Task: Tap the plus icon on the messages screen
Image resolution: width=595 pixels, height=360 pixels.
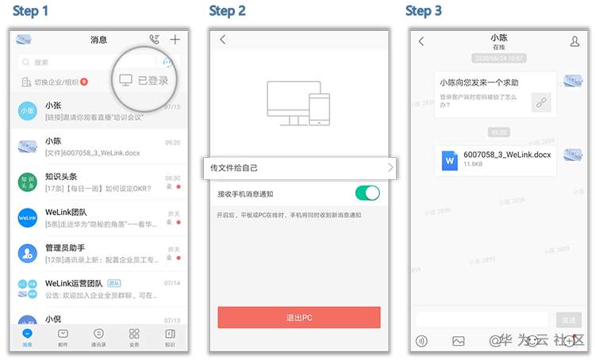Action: [x=175, y=40]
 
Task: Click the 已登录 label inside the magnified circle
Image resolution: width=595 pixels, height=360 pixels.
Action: [x=152, y=80]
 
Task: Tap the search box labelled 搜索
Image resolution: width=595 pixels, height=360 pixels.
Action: [x=79, y=62]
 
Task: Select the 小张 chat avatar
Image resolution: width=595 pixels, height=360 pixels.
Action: [x=28, y=111]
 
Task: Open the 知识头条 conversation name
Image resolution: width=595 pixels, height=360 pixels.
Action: [x=61, y=177]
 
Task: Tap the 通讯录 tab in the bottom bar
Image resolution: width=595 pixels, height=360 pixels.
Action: [x=98, y=337]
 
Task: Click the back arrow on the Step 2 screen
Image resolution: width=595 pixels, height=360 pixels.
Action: [x=223, y=40]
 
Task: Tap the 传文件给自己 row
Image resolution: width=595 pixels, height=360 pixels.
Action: [x=301, y=168]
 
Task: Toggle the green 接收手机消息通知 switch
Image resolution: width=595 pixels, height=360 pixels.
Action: [x=367, y=193]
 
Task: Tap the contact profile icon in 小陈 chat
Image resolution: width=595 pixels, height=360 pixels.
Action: [x=575, y=41]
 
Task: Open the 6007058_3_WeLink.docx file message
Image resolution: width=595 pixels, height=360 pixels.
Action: [x=495, y=159]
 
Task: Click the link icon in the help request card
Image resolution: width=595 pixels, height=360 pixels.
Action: [x=540, y=101]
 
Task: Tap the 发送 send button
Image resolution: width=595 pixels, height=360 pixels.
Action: [x=568, y=320]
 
